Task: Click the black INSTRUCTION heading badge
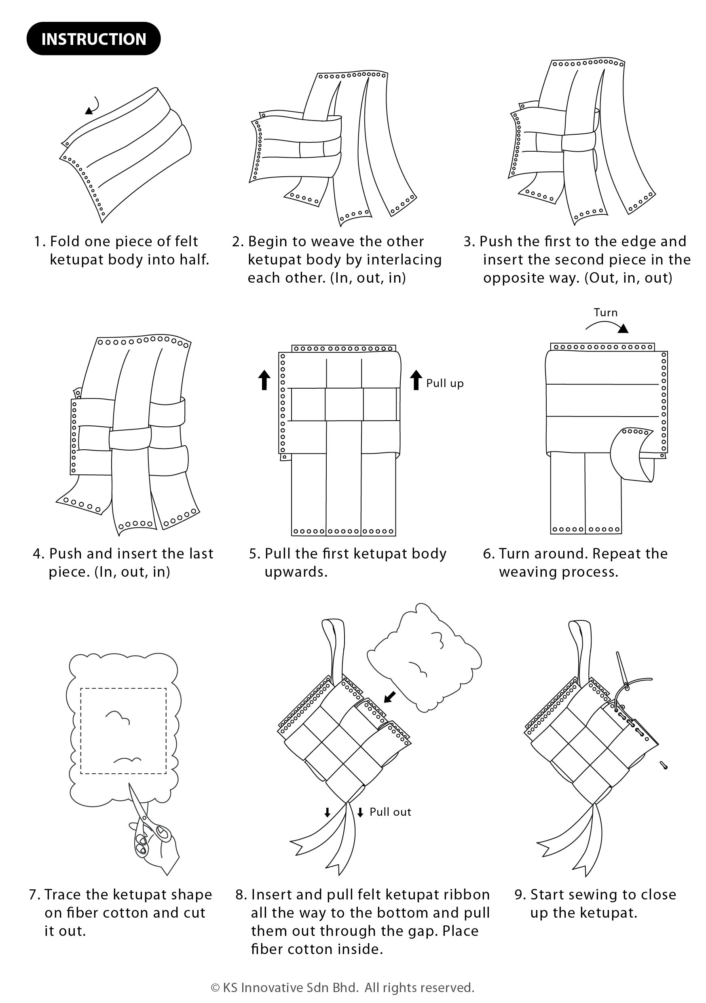pos(93,39)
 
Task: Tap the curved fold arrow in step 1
pos(93,106)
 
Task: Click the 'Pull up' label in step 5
pos(444,383)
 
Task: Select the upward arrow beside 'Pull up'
pos(416,380)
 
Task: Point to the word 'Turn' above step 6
pos(605,312)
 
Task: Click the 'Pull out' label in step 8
pos(390,812)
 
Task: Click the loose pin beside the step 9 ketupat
pos(664,764)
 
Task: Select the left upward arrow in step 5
pos(264,380)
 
